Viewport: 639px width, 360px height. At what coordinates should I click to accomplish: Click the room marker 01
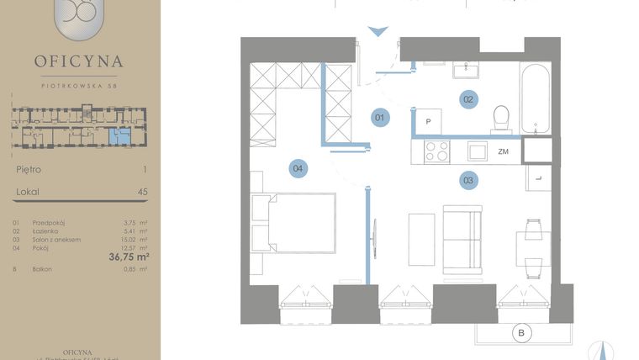[x=379, y=118]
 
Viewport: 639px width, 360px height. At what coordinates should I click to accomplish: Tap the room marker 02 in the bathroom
[x=468, y=99]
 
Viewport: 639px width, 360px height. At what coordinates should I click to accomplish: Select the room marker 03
[x=468, y=179]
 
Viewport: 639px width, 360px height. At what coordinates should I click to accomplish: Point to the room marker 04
[x=297, y=169]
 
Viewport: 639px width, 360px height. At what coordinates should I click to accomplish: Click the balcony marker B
[x=522, y=334]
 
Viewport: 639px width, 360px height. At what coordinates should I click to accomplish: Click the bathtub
[x=536, y=98]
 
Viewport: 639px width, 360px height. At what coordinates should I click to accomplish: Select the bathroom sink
[x=466, y=69]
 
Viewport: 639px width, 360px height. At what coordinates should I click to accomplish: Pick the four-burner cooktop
[x=437, y=151]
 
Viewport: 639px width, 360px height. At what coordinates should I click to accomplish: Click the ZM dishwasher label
[x=504, y=152]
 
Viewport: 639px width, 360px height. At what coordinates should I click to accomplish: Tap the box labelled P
[x=429, y=122]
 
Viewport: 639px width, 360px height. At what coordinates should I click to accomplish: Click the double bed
[x=294, y=223]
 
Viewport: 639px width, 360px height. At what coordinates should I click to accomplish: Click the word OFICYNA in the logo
[x=79, y=61]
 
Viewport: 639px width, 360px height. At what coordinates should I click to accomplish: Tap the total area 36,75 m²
[x=129, y=257]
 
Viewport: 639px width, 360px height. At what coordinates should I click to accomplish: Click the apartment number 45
[x=142, y=192]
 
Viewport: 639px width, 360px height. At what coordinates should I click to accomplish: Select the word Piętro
[x=29, y=169]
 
